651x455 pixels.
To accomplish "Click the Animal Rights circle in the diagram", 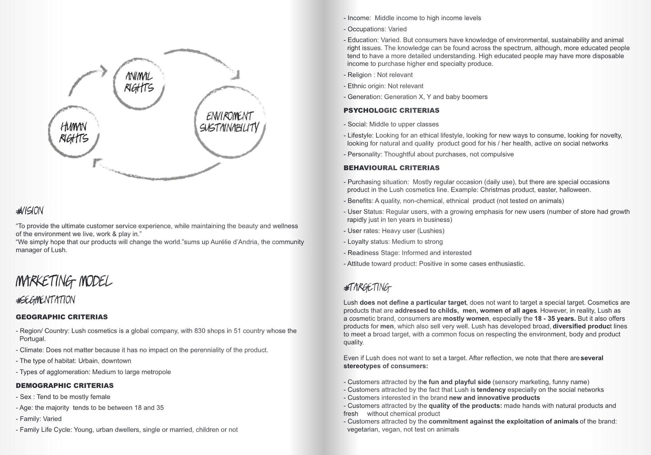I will coord(139,83).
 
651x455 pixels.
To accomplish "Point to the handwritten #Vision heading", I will coord(30,211).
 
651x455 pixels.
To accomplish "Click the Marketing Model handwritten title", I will coord(64,281).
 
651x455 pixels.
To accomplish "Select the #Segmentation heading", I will coord(46,300).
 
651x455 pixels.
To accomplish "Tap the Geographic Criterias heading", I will coord(62,317).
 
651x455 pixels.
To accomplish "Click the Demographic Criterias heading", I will coord(65,385).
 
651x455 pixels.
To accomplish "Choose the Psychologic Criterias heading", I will coord(391,110).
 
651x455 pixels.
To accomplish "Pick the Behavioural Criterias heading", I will coord(391,168).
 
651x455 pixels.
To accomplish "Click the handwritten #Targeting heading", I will coord(367,287).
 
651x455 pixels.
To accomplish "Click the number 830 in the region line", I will coord(200,331).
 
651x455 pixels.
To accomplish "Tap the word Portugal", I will coord(32,339).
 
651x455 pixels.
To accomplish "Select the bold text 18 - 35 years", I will coord(555,319).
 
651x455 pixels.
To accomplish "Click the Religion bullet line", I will coord(378,75).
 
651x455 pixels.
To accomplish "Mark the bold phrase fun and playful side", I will coord(460,382).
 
